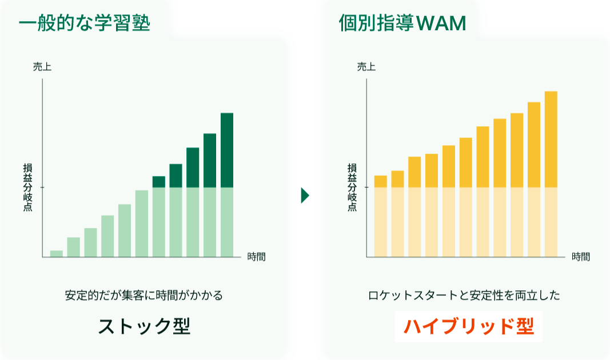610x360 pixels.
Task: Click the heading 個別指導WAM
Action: pos(402,23)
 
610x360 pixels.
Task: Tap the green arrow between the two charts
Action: pos(305,196)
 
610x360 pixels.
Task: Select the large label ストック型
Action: pos(143,326)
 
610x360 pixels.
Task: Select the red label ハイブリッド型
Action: pos(468,326)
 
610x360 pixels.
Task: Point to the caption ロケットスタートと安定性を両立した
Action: pos(464,296)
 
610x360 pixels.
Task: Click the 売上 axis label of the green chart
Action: pos(42,67)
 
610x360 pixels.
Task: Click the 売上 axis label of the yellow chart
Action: pos(366,67)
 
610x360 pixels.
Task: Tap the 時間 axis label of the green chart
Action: pos(257,257)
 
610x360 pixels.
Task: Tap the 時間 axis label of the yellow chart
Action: pos(581,257)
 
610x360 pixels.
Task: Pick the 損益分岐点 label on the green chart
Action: pos(27,187)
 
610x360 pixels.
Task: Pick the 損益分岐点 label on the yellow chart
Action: pos(352,187)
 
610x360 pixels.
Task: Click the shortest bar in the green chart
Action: pos(57,254)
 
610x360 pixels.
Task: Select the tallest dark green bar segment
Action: pos(227,150)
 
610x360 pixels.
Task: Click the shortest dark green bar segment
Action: pos(158,182)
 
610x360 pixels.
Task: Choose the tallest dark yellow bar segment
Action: pos(551,139)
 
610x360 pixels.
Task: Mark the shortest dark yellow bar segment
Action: pos(380,182)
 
